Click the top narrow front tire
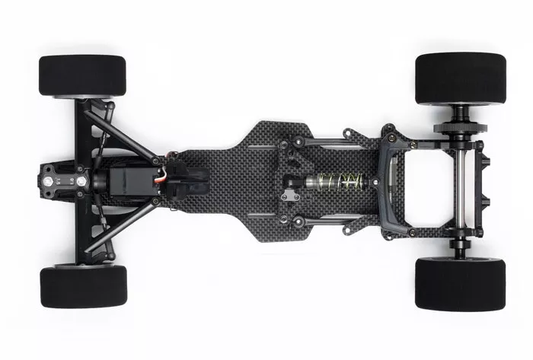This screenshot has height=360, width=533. tap(82, 75)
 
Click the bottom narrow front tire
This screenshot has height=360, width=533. tap(83, 286)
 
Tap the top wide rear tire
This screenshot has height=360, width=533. tap(460, 78)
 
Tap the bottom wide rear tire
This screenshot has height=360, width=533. tap(460, 284)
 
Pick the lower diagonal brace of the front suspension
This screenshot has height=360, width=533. tap(122, 226)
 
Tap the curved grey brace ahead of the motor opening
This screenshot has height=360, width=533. tap(396, 183)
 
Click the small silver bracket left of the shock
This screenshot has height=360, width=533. tap(288, 196)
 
